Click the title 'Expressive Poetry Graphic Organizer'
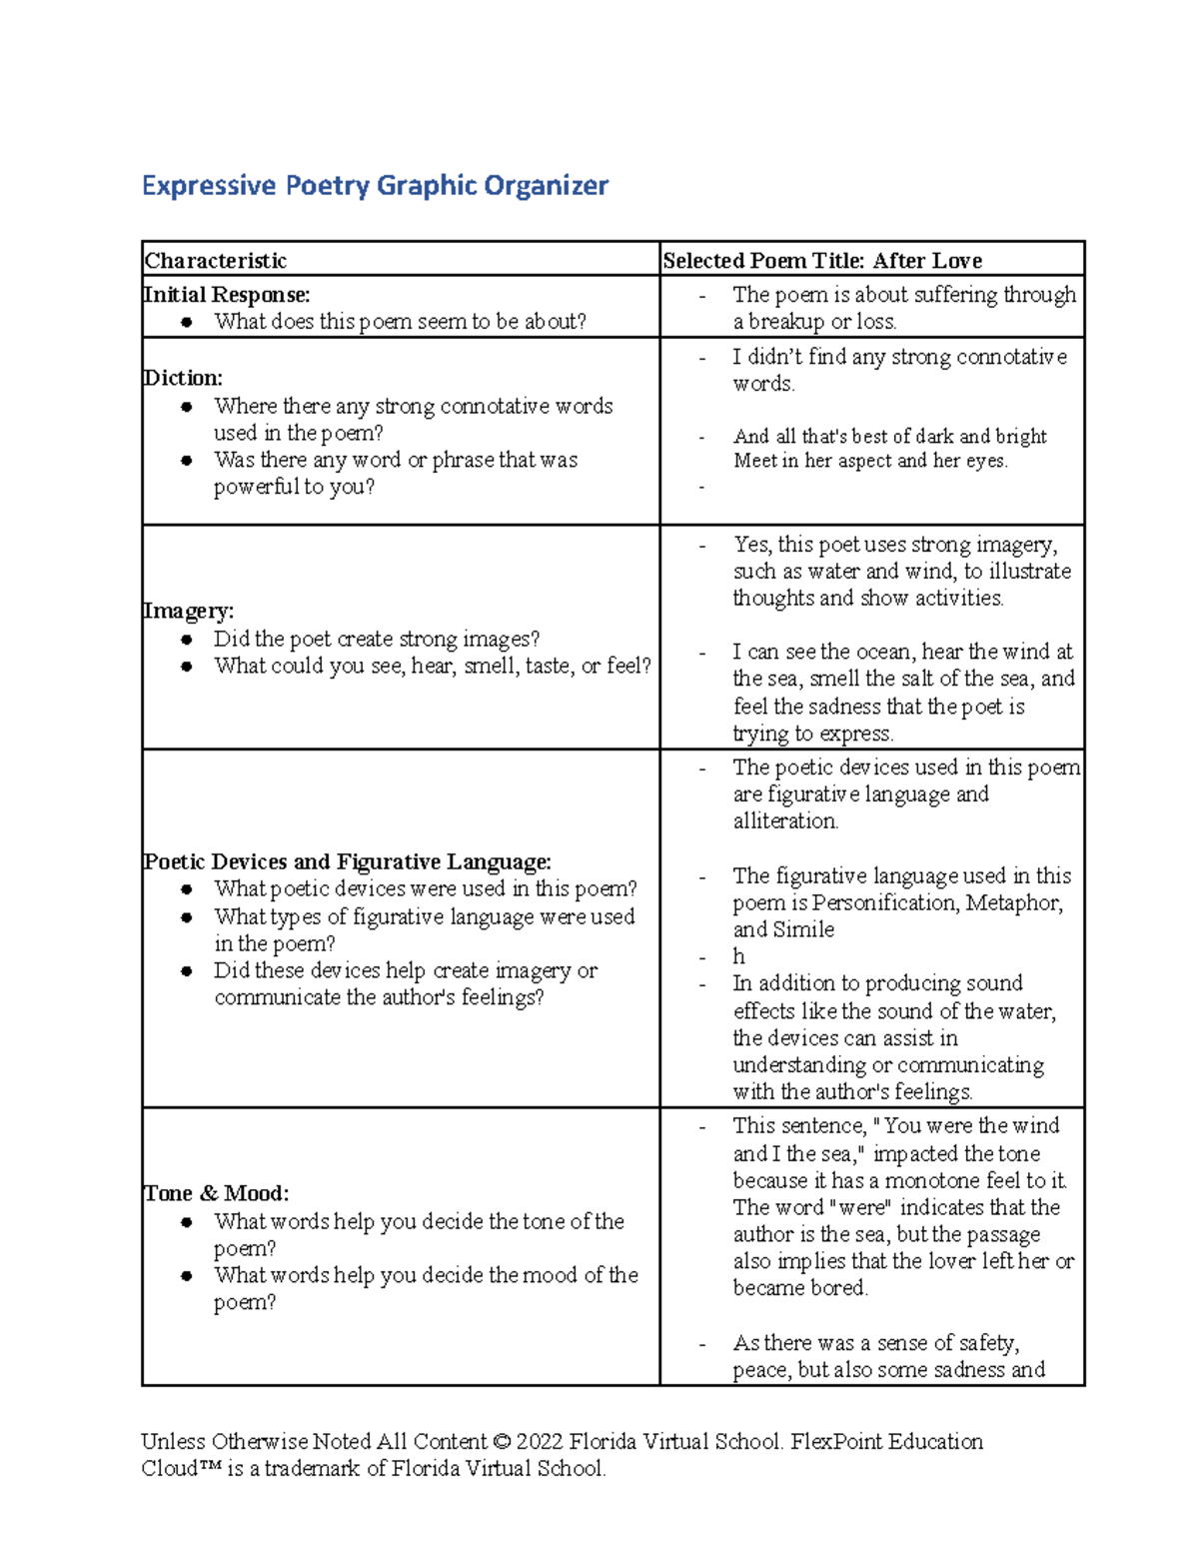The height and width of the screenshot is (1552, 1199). [x=375, y=186]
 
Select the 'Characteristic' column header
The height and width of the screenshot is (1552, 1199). [x=215, y=261]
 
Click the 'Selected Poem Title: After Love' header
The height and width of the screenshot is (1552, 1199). [x=821, y=261]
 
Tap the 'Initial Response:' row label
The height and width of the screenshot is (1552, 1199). [x=227, y=295]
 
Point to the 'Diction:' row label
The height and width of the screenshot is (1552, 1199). [x=183, y=378]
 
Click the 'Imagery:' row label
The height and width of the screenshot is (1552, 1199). [x=188, y=611]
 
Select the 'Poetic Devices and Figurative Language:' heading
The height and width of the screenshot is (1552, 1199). [x=347, y=861]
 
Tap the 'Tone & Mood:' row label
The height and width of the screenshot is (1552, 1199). [x=216, y=1193]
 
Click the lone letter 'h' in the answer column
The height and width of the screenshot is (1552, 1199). [x=738, y=956]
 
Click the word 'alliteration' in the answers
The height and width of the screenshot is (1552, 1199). [x=784, y=821]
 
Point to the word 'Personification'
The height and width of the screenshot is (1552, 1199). [x=882, y=902]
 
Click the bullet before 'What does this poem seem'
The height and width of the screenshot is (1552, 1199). [x=187, y=322]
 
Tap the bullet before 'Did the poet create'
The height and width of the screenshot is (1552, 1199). [x=187, y=640]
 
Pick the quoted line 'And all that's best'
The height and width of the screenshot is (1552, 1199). [x=889, y=437]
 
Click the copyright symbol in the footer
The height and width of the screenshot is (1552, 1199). [x=502, y=1442]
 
